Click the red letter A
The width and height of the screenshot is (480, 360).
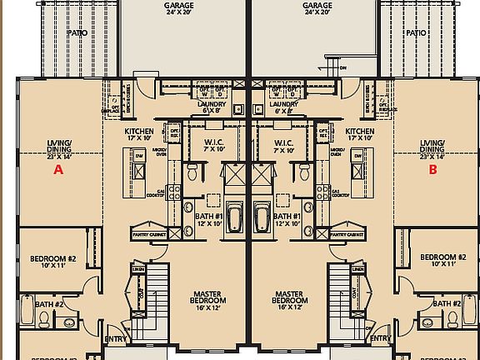pos(58,169)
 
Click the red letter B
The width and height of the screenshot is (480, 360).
pos(432,169)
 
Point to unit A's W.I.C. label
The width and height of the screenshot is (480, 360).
pos(213,146)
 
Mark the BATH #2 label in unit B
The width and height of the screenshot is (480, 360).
pos(447,304)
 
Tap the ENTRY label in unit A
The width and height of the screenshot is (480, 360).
pos(115,339)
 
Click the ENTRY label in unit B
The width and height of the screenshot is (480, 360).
pos(380,339)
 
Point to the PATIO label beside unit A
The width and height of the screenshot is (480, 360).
pos(77,33)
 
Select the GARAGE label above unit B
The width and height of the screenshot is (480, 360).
pos(317,8)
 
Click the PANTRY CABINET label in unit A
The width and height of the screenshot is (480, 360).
pos(151,235)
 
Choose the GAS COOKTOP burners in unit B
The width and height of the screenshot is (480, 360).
pos(322,192)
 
